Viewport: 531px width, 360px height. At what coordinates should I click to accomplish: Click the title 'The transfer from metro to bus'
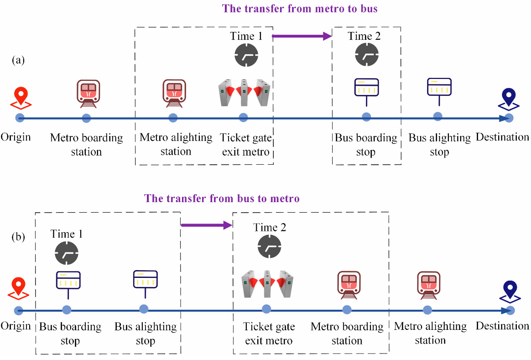coord(299,8)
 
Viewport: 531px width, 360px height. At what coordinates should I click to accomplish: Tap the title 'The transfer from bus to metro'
coord(222,198)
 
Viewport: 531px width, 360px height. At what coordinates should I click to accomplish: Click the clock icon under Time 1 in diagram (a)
coord(246,56)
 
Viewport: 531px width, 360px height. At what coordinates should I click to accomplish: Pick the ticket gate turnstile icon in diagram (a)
coord(244,93)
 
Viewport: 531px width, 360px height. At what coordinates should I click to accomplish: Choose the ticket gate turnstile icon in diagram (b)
coord(267,284)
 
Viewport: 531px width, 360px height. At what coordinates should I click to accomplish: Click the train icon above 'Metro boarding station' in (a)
coord(87,93)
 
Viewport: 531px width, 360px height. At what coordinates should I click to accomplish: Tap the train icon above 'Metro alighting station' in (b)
coord(429,285)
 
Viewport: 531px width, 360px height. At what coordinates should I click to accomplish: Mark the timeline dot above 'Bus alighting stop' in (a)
coord(438,116)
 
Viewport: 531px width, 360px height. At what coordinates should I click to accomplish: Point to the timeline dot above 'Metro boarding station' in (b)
coord(347,310)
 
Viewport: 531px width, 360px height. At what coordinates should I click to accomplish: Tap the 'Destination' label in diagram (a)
coord(502,137)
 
